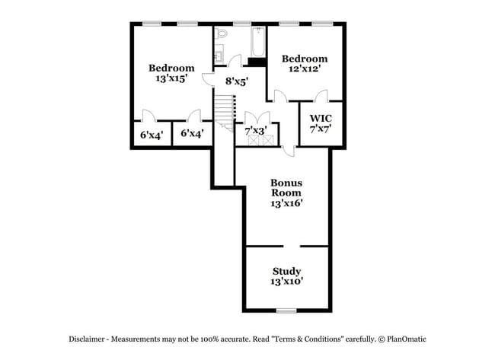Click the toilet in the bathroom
tap(222, 33)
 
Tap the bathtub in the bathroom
tap(258, 42)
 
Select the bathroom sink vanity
tap(219, 53)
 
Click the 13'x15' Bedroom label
tap(171, 73)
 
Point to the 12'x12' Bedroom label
tap(305, 63)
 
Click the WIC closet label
tap(321, 123)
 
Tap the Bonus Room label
tap(286, 193)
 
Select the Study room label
tap(287, 276)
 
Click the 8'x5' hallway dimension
tap(236, 81)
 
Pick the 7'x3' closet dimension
tap(256, 130)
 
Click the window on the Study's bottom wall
tap(286, 311)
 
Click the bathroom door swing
tap(235, 60)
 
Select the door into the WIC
tap(321, 96)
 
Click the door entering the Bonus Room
tap(288, 151)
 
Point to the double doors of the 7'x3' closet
tap(257, 116)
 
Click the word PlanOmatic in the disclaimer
tap(407, 339)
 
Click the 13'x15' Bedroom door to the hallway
tap(209, 79)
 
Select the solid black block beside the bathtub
tap(257, 62)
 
